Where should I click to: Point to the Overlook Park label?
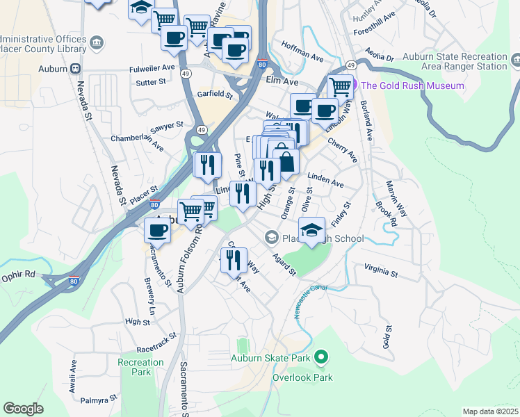(302, 377)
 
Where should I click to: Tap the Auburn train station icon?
(74, 69)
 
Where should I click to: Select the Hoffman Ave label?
(302, 50)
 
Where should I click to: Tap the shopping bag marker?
(286, 163)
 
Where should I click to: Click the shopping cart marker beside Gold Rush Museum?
(340, 87)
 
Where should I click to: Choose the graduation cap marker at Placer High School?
(312, 230)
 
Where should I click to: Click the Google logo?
(23, 408)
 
